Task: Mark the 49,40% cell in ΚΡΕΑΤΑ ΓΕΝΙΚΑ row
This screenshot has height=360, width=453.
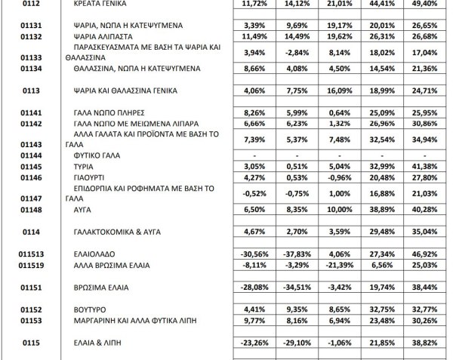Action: tap(424, 4)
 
